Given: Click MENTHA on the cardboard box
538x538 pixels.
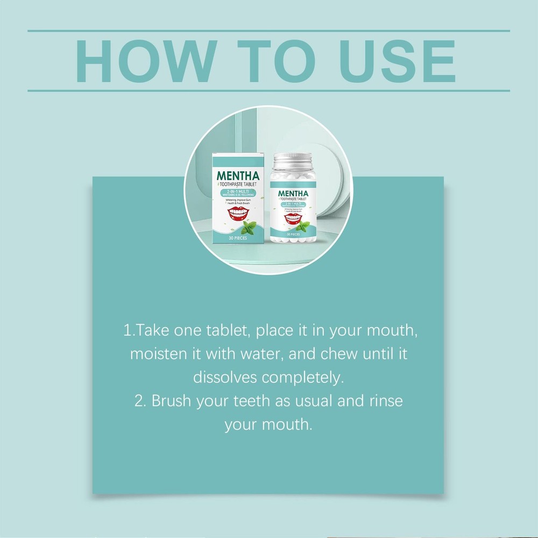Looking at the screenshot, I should click(x=238, y=175).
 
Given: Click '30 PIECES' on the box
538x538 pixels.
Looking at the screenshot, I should click(x=237, y=238).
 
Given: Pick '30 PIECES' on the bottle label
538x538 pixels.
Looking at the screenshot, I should click(x=294, y=235).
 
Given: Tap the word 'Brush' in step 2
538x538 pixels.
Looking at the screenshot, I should click(x=172, y=401).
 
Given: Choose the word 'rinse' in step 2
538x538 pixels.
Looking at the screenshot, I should click(x=383, y=401).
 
